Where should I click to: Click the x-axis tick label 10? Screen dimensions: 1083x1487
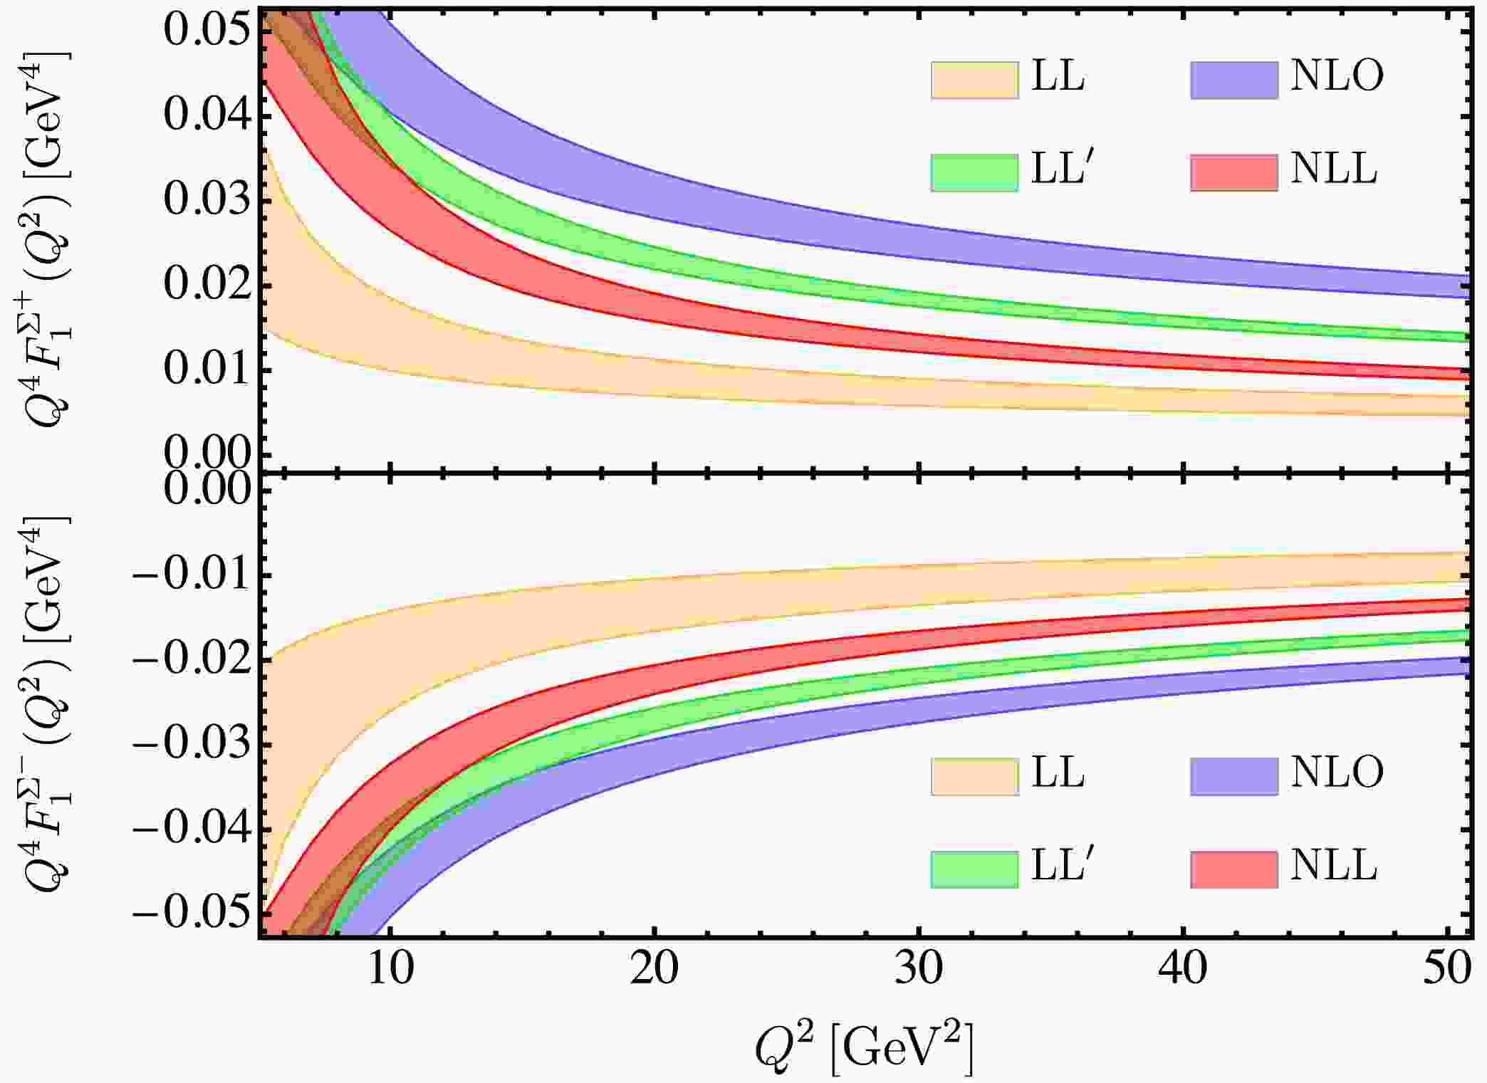(x=390, y=969)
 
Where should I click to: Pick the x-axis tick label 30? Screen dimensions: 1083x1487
(x=919, y=969)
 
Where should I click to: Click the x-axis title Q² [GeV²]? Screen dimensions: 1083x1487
(x=864, y=1046)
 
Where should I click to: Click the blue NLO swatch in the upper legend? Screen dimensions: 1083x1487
(x=1233, y=80)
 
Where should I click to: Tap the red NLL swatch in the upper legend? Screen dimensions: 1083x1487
(x=1233, y=172)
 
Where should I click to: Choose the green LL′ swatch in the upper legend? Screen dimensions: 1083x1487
(x=974, y=172)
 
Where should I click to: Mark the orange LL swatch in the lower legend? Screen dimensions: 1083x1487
(x=974, y=776)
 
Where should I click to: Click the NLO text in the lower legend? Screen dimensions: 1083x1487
(x=1337, y=773)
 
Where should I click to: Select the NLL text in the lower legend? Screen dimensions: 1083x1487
(x=1333, y=867)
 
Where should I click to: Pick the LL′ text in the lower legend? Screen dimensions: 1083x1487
(x=1061, y=867)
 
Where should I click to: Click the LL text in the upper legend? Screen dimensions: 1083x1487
(x=1058, y=76)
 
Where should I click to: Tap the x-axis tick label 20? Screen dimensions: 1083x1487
(x=654, y=969)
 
